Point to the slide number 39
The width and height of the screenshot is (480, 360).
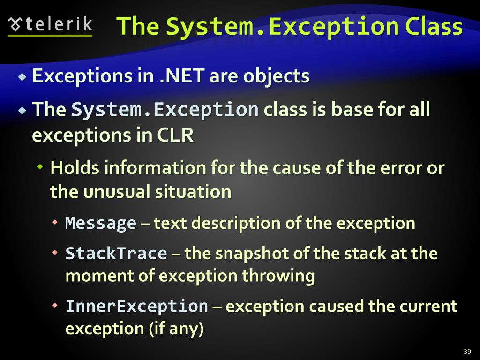pos(467,352)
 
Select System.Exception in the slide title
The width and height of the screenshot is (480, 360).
pos(281,26)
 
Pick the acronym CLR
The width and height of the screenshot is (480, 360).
pos(175,135)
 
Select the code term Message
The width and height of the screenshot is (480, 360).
pos(100,223)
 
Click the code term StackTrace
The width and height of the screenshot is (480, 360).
pos(116,254)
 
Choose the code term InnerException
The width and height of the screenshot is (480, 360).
pos(136,306)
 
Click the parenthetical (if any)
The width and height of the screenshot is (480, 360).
pos(176,329)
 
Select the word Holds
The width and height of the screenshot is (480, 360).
pos(75,168)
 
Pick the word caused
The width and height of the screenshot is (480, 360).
pos(335,306)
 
